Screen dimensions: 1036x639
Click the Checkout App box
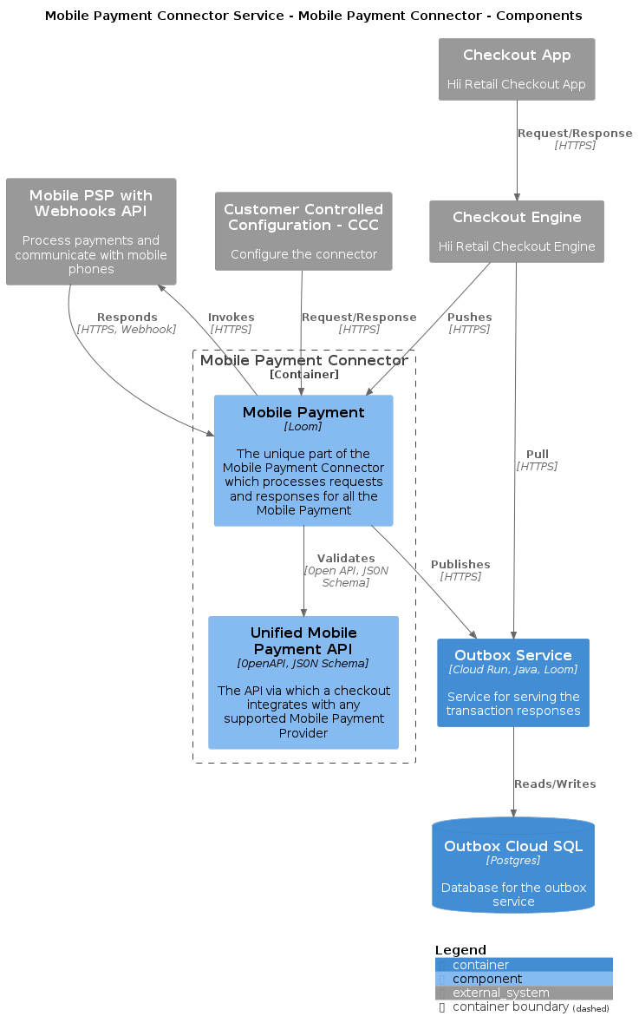(x=517, y=69)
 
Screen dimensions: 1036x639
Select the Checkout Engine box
(x=517, y=232)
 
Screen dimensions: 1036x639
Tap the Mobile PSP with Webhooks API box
(x=91, y=232)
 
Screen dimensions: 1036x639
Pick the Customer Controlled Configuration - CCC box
(x=303, y=231)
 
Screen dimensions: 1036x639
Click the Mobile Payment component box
(x=303, y=461)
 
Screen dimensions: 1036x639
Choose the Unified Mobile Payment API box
(x=303, y=683)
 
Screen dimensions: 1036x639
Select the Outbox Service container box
(x=513, y=683)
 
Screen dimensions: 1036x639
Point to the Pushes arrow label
(x=469, y=318)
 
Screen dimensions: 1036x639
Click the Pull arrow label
(x=537, y=455)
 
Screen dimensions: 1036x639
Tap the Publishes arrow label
(x=460, y=565)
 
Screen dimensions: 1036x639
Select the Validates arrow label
(x=346, y=559)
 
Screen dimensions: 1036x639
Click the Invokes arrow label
(x=231, y=318)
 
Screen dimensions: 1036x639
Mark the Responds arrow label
(x=127, y=318)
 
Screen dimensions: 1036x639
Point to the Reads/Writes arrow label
(x=555, y=784)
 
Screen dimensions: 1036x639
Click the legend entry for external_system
(x=501, y=993)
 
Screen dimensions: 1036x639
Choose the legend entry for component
(x=487, y=979)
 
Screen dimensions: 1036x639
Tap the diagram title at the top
(x=314, y=16)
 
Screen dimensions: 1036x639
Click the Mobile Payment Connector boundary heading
(x=303, y=360)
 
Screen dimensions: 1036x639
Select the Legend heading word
(x=460, y=950)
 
